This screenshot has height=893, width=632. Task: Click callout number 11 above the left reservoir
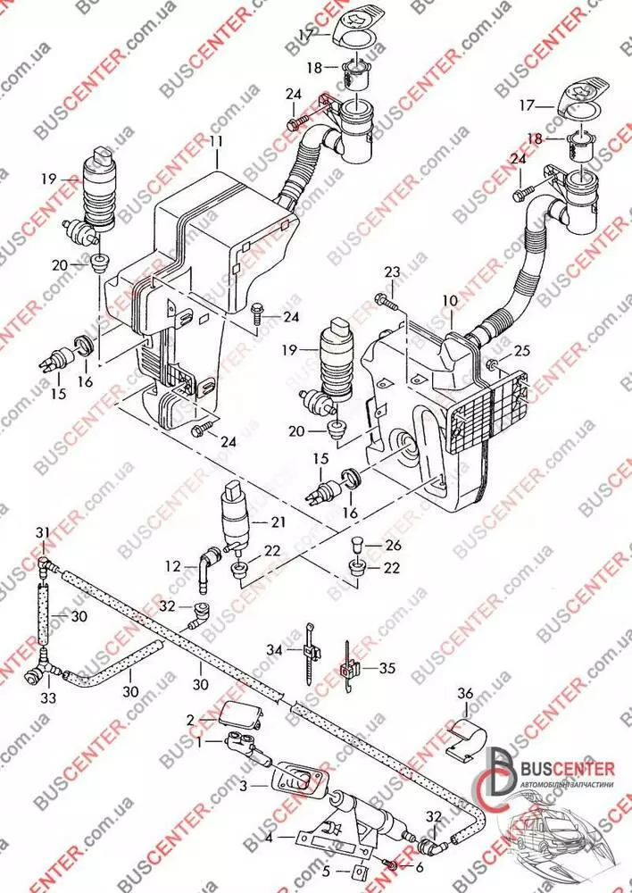pos(217,140)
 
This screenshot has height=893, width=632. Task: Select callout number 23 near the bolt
pos(393,272)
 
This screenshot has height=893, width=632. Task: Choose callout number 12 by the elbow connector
pos(172,564)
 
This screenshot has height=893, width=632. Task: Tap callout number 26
pos(393,547)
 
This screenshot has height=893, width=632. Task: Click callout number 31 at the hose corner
pos(43,533)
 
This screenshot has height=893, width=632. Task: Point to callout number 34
pos(274,650)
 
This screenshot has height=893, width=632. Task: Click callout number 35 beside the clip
pos(386,666)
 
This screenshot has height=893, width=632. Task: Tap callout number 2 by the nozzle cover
pos(190,720)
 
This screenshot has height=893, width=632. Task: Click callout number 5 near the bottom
pos(326,869)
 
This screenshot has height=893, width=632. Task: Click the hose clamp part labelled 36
pos(467,738)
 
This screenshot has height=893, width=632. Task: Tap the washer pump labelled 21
pos(236,515)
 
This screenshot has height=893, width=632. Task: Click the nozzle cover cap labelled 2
pos(234,714)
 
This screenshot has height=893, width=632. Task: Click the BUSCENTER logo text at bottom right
pos(568,769)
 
